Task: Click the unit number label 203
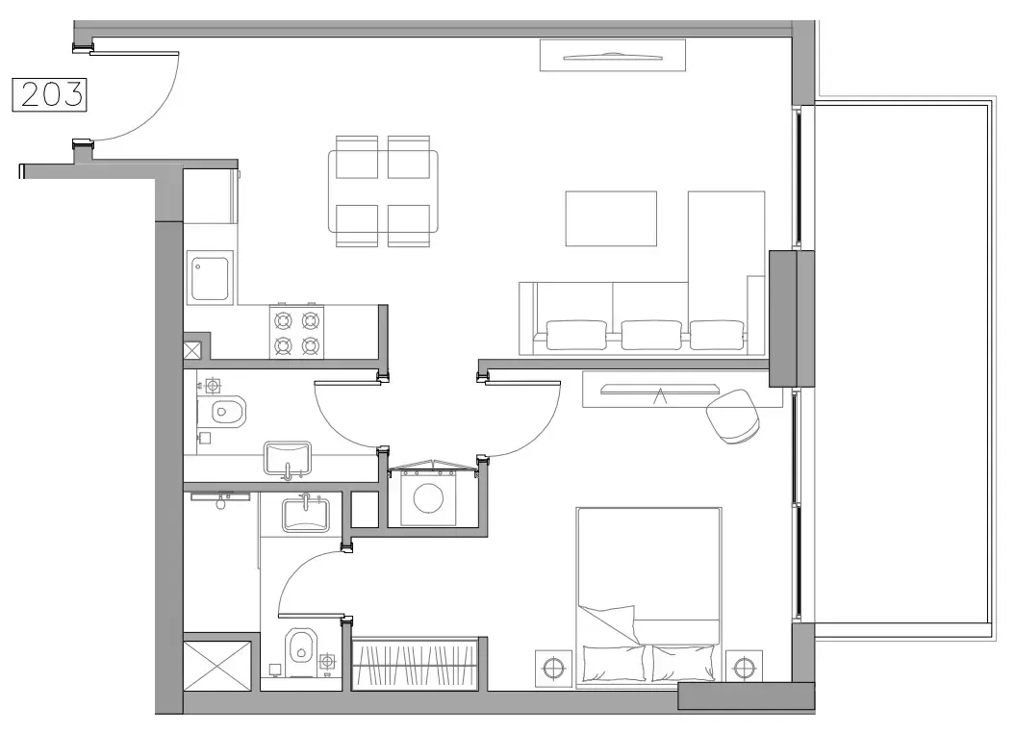[x=49, y=94]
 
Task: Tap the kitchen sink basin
[x=210, y=278]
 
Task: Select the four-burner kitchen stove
[x=296, y=332]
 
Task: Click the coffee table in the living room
[x=610, y=218]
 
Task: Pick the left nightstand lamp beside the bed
[x=552, y=667]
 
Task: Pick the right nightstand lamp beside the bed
[x=743, y=667]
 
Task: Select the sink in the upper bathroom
[x=288, y=458]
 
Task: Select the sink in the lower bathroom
[x=305, y=514]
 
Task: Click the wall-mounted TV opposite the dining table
[x=613, y=56]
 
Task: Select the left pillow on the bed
[x=613, y=664]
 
